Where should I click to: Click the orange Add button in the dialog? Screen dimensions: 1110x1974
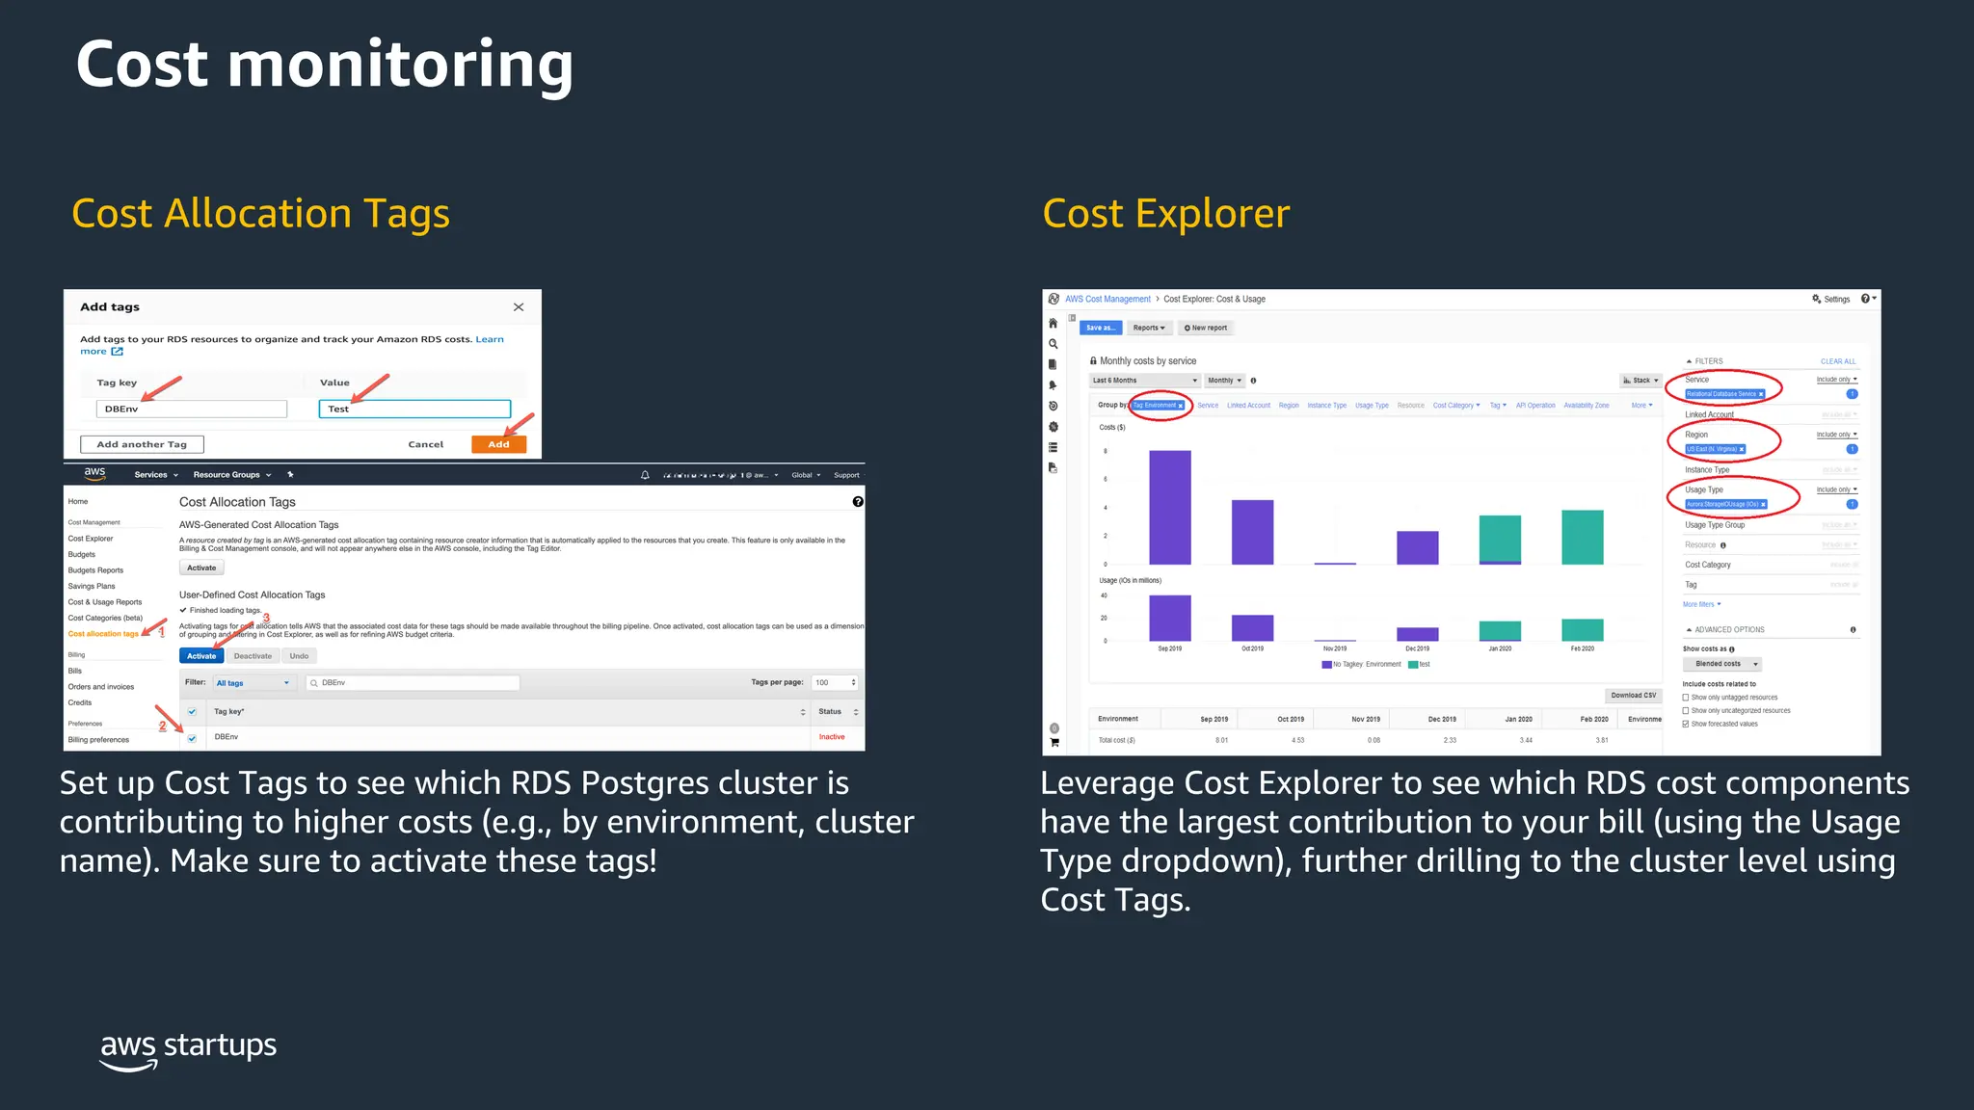[498, 444]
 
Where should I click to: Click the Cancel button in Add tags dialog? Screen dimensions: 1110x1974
[425, 444]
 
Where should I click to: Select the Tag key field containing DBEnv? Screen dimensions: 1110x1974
[191, 409]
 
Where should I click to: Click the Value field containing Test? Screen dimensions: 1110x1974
[414, 409]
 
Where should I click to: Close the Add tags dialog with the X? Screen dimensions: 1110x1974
[519, 307]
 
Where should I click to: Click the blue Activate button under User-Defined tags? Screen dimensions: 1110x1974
[201, 656]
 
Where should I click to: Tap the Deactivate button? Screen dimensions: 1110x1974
[253, 656]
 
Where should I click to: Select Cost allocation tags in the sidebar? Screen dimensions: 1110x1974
[103, 634]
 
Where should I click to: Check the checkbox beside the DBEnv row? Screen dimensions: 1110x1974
[192, 738]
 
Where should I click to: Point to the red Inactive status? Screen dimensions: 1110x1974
[832, 737]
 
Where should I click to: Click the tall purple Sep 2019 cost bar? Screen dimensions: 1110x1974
[1169, 507]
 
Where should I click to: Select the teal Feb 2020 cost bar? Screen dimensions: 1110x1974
[1582, 537]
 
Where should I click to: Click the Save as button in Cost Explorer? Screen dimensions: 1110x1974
[1100, 328]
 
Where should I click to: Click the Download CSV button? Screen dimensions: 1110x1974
[1633, 695]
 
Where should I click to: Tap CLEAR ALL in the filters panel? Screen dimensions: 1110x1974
[1837, 361]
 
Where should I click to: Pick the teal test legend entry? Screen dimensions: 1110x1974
[1419, 664]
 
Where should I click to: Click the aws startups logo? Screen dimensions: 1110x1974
[188, 1049]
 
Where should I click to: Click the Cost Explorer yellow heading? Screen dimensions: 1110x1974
[1165, 213]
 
